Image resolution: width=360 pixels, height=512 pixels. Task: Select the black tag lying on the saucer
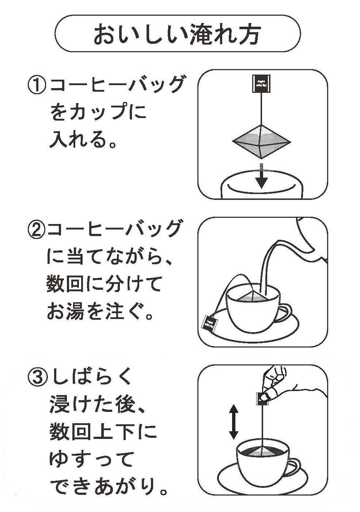210,322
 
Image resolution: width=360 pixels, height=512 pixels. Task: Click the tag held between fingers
262,398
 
